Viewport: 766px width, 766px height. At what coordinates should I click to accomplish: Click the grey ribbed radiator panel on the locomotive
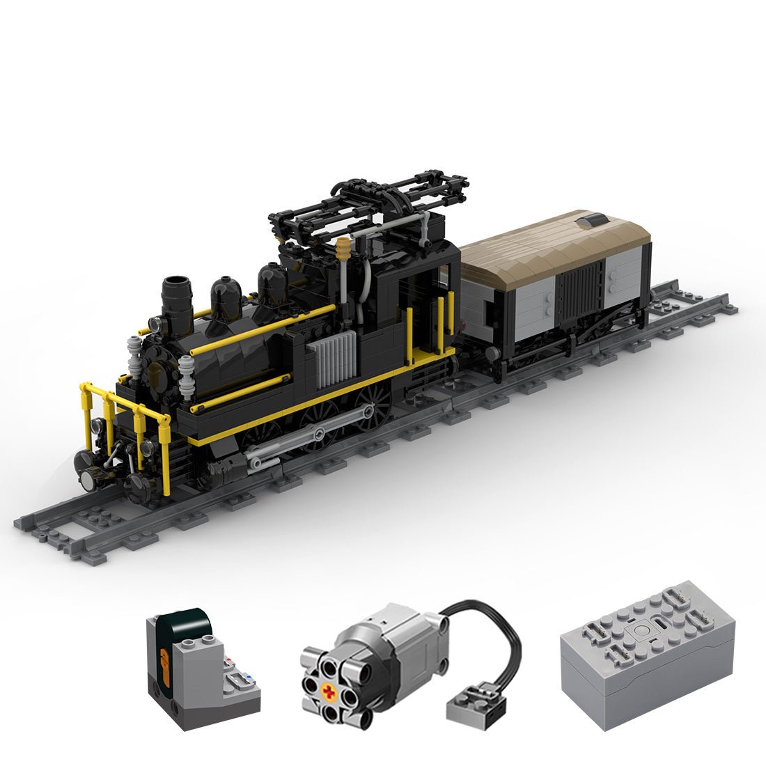tap(336, 359)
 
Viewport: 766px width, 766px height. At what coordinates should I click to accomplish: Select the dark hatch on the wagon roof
tap(593, 221)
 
